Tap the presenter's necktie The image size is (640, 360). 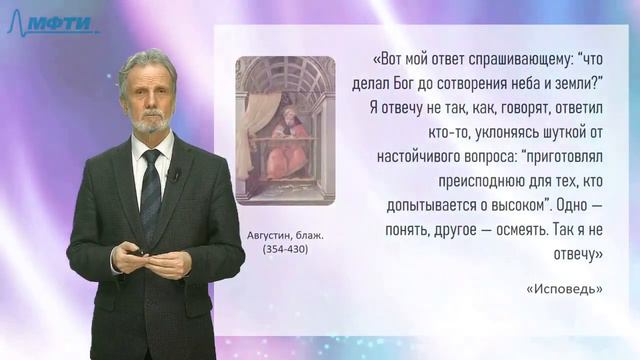pyautogui.click(x=151, y=195)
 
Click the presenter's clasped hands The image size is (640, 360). pyautogui.click(x=150, y=262)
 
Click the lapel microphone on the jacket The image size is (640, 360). pyautogui.click(x=175, y=175)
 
